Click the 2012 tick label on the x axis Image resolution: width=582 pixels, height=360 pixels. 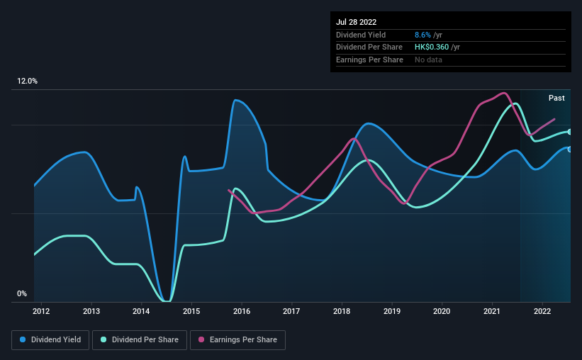pyautogui.click(x=41, y=310)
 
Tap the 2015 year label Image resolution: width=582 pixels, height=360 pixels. pyautogui.click(x=191, y=310)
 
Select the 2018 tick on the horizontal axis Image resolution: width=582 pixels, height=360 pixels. pyautogui.click(x=342, y=310)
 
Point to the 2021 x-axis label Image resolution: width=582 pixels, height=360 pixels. pyautogui.click(x=492, y=310)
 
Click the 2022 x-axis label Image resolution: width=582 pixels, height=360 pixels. pyautogui.click(x=542, y=310)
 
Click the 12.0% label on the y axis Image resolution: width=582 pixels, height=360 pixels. pyautogui.click(x=27, y=81)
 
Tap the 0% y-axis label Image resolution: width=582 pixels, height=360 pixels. pyautogui.click(x=21, y=294)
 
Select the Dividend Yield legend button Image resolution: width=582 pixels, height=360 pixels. pyautogui.click(x=50, y=340)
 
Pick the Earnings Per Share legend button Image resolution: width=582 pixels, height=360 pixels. pyautogui.click(x=237, y=340)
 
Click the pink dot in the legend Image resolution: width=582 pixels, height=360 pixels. pyautogui.click(x=201, y=340)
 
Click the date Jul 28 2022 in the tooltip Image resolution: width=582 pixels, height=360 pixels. pyautogui.click(x=356, y=22)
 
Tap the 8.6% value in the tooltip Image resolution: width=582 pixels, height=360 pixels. pyautogui.click(x=422, y=35)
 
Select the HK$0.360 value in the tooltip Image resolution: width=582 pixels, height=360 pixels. pyautogui.click(x=431, y=47)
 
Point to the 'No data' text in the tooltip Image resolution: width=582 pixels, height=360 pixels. pyautogui.click(x=428, y=60)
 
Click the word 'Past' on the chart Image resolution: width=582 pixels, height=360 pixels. pyautogui.click(x=556, y=98)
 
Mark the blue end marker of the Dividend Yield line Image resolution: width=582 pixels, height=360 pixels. pyautogui.click(x=569, y=149)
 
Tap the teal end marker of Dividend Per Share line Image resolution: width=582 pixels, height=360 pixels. pyautogui.click(x=569, y=132)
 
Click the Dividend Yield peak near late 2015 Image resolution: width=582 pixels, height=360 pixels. pyautogui.click(x=235, y=100)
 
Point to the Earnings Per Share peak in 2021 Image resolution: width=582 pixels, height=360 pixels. pyautogui.click(x=504, y=93)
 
